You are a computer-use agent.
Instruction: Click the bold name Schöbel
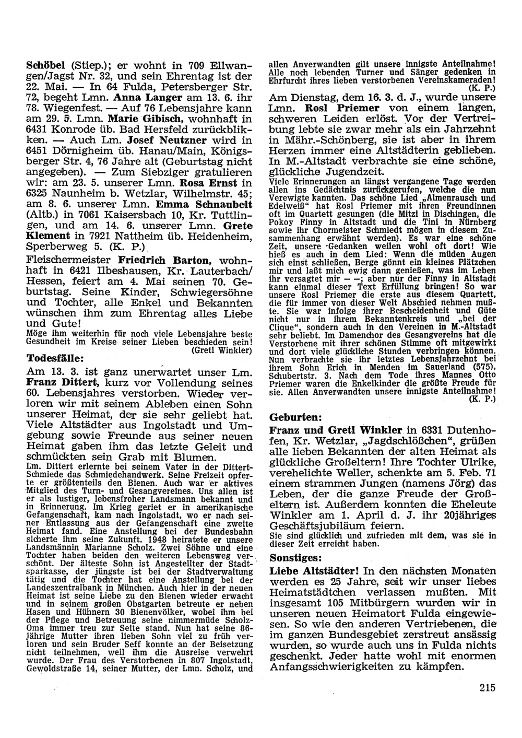pyautogui.click(x=45, y=66)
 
